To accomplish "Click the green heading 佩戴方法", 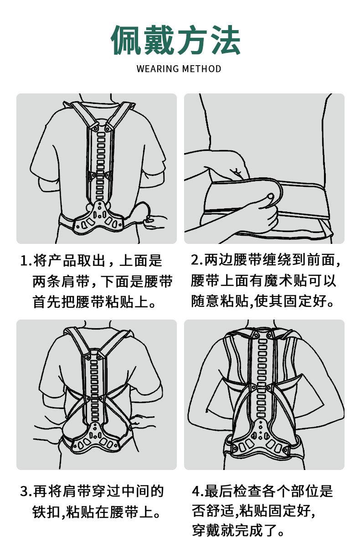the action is pyautogui.click(x=176, y=40).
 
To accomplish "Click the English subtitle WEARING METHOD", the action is pyautogui.click(x=179, y=69).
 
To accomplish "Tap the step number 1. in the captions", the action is pyautogui.click(x=26, y=261).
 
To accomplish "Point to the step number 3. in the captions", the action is pyautogui.click(x=26, y=492).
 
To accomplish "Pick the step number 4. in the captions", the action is pyautogui.click(x=198, y=492).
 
